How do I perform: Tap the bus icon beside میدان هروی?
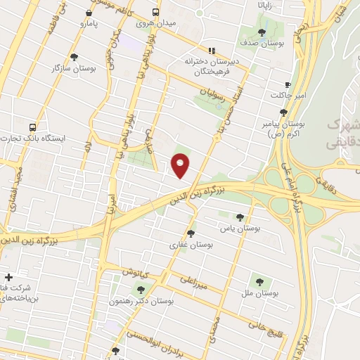pyautogui.click(x=155, y=13)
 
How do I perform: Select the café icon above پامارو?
pyautogui.click(x=88, y=13)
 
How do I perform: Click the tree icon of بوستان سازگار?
pyautogui.click(x=74, y=57)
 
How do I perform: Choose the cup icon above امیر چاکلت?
pyautogui.click(x=288, y=83)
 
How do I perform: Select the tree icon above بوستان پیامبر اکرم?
pyautogui.click(x=283, y=112)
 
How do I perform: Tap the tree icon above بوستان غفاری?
pyautogui.click(x=191, y=233)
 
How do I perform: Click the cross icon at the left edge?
pyautogui.click(x=8, y=277)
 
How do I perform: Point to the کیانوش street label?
pyautogui.click(x=136, y=271)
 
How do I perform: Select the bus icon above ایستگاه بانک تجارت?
pyautogui.click(x=33, y=127)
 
